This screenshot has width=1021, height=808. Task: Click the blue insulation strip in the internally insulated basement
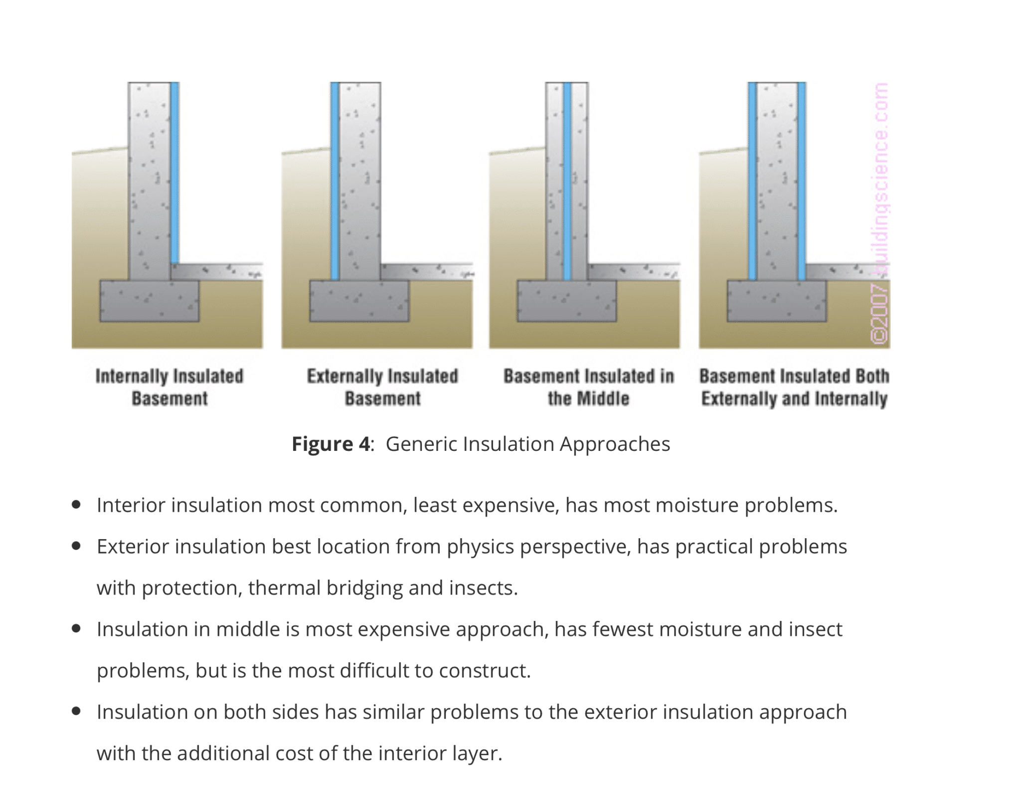[175, 173]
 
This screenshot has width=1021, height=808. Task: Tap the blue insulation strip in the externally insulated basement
[335, 181]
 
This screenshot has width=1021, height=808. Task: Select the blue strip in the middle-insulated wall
[567, 181]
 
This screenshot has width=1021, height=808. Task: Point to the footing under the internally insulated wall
[150, 301]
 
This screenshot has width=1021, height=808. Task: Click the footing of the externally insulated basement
[359, 301]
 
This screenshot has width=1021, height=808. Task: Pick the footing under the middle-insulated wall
[567, 301]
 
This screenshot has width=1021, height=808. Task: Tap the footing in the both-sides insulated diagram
[777, 301]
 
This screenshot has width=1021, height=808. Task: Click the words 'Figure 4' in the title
[331, 444]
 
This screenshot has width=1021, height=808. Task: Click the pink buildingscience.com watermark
[880, 213]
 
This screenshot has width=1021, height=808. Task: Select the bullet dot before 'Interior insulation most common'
[76, 505]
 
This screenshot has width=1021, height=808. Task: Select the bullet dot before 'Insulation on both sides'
[76, 711]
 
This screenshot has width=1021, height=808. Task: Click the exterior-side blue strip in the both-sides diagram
[752, 181]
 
